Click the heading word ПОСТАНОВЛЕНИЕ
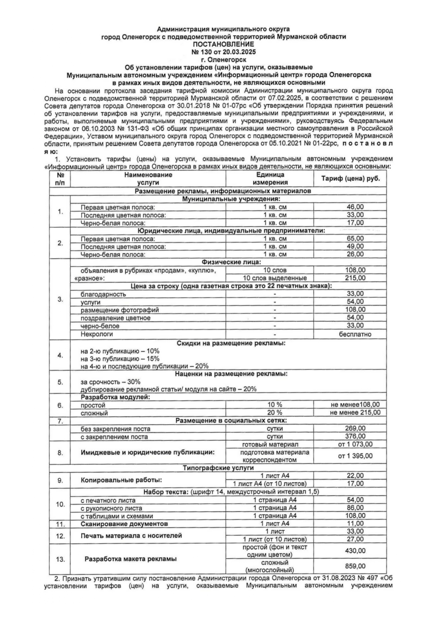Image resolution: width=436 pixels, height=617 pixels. click(x=223, y=44)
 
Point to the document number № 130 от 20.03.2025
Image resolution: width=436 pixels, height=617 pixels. click(x=223, y=52)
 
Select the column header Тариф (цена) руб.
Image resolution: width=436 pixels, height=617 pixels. click(x=350, y=179)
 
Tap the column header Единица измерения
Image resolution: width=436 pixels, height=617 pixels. click(x=270, y=179)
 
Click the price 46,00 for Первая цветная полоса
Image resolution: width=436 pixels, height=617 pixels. click(x=355, y=207)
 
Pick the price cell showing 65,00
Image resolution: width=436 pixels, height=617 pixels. click(x=355, y=238)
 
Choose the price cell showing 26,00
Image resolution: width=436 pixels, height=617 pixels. click(x=355, y=254)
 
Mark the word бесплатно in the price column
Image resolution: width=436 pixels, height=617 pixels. click(x=355, y=334)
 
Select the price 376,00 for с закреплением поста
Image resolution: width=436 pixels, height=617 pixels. click(x=355, y=437)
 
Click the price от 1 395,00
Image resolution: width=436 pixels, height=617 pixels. click(x=355, y=456)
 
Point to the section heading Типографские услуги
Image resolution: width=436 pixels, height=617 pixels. click(x=218, y=468)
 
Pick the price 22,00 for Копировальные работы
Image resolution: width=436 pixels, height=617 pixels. click(x=355, y=476)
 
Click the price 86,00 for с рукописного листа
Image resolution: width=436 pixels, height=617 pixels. click(x=355, y=508)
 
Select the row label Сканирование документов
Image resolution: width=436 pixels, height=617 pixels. click(x=124, y=524)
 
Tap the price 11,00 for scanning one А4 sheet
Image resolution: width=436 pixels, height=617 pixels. click(x=355, y=523)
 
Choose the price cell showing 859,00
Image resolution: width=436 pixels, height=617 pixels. click(x=355, y=566)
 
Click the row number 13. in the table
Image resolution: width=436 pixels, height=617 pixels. click(x=60, y=559)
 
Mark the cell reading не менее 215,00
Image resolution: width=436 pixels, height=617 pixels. click(x=355, y=413)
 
